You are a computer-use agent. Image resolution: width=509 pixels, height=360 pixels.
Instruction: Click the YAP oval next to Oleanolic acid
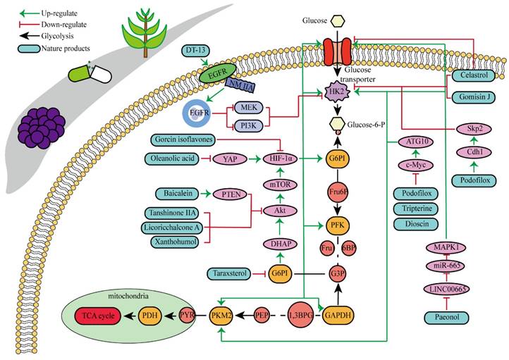(228, 159)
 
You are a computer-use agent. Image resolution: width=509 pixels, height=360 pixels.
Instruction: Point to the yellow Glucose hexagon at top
(341, 22)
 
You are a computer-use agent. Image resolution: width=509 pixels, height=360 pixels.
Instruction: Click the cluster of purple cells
(43, 128)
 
